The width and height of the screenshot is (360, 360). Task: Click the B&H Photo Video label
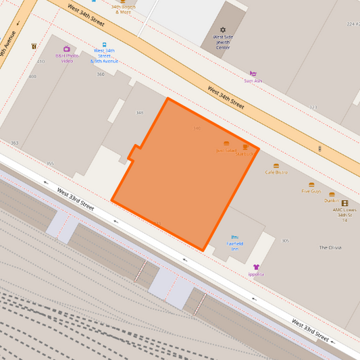66,59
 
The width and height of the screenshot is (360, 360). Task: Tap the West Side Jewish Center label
223,43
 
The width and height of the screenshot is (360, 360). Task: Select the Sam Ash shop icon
253,74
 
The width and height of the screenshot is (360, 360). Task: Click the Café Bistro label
276,172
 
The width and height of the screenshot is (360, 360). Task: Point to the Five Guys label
311,191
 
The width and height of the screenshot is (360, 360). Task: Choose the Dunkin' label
331,201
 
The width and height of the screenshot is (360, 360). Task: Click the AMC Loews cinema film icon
344,203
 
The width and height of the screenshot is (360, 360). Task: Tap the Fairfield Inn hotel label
234,247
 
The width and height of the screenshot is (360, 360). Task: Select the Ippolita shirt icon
256,267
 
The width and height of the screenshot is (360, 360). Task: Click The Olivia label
330,247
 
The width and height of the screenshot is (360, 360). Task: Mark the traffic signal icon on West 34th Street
319,148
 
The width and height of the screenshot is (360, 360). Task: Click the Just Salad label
226,150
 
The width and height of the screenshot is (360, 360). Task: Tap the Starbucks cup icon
245,147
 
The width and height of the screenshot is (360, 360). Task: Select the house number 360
101,74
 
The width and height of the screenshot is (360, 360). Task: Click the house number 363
14,143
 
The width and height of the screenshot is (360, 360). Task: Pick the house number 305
285,240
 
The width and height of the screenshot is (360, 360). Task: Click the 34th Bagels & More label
122,9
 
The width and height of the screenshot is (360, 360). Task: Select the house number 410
41,61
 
